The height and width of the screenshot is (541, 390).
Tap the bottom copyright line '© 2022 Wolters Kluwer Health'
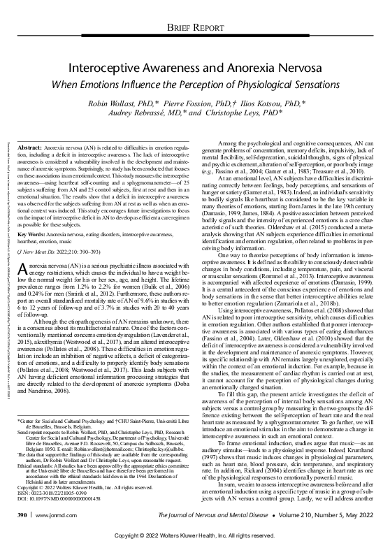(x=195, y=533)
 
